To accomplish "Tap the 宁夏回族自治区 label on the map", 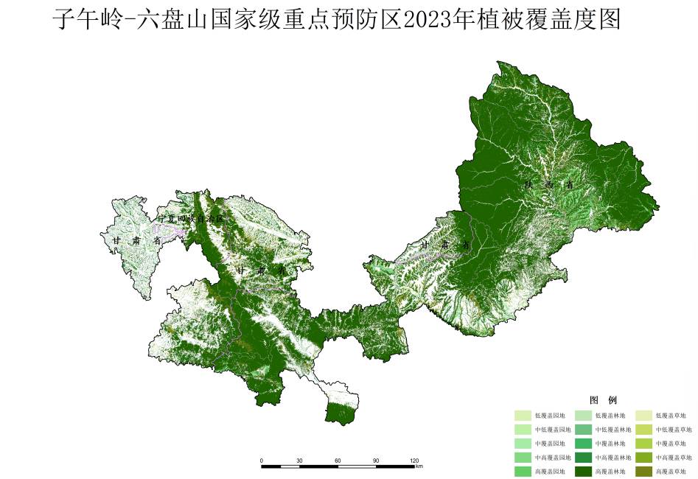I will (190, 219).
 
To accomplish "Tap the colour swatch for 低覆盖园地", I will (523, 416).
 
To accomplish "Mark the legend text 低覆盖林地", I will (610, 416).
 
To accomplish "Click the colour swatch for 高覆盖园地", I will (523, 471).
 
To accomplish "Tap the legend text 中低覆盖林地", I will (610, 430).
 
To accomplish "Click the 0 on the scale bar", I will (262, 460).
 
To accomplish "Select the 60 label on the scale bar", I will (338, 460).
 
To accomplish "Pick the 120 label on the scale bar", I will (413, 460).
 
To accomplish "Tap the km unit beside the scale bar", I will (419, 466).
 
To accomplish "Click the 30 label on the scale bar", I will (299, 460).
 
